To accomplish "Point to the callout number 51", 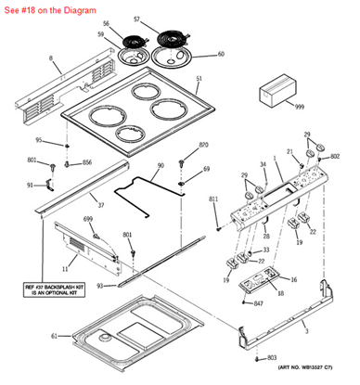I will pyautogui.click(x=198, y=78).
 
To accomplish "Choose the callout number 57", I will pyautogui.click(x=163, y=19).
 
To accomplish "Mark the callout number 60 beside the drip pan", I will pyautogui.click(x=221, y=54).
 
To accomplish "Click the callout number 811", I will pyautogui.click(x=213, y=199).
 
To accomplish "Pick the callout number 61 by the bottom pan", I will pyautogui.click(x=55, y=336).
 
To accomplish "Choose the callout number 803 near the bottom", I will pyautogui.click(x=271, y=357).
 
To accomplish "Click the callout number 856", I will pyautogui.click(x=87, y=162).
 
